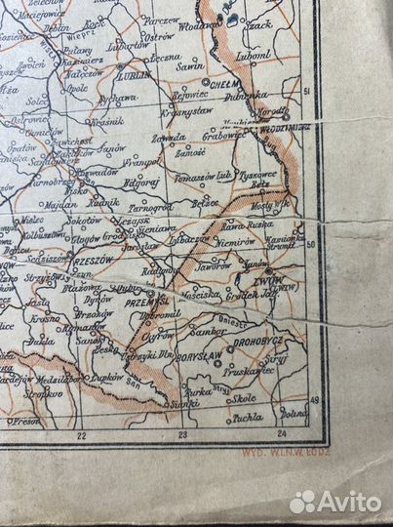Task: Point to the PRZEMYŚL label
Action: click(x=131, y=302)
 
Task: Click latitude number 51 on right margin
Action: click(x=306, y=91)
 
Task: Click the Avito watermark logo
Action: click(x=335, y=502)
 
